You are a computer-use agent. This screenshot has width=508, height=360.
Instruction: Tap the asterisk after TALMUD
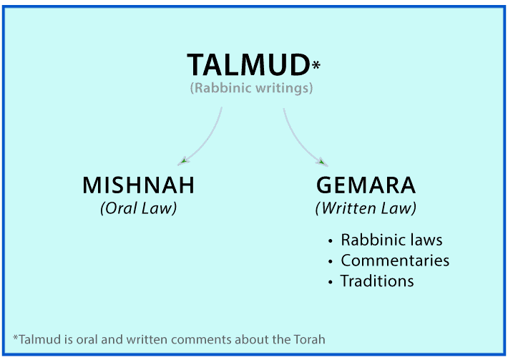[x=316, y=67]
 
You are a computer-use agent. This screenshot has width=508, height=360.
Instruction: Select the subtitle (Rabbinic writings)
[x=251, y=89]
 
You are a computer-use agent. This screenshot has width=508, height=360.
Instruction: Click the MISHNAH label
[x=139, y=185]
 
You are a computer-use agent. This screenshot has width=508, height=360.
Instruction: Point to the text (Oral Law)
[x=139, y=209]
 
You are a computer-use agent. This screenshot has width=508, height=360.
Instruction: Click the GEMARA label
[x=366, y=185]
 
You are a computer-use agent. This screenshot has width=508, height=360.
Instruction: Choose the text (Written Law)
[x=366, y=209]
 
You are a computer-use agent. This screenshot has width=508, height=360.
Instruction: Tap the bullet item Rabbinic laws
[x=391, y=240]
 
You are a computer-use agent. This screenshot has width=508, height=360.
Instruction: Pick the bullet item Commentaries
[x=395, y=261]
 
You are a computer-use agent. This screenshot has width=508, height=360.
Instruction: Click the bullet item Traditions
[x=377, y=281]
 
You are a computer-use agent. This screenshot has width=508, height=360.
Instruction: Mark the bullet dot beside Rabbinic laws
[x=330, y=241]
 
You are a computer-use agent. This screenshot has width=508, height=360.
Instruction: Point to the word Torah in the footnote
[x=311, y=339]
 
